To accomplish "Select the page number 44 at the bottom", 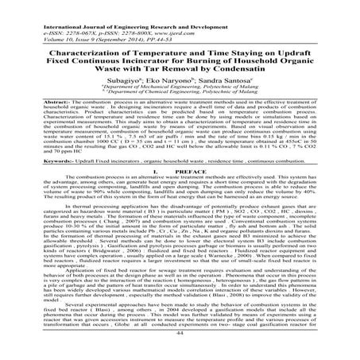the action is pyautogui.click(x=179, y=354).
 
